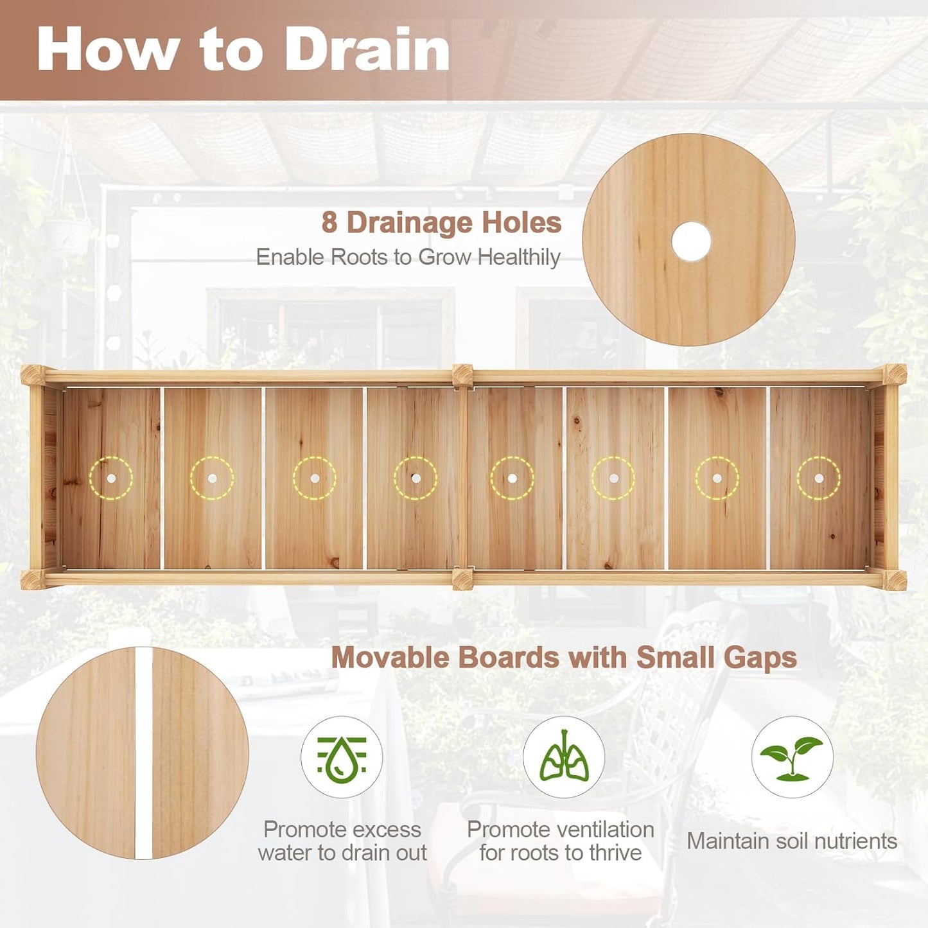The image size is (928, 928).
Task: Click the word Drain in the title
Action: point(367,50)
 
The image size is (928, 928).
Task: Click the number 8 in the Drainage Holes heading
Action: point(329,223)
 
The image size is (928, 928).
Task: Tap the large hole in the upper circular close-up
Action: point(691,241)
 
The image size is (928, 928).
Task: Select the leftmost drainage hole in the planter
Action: point(111,478)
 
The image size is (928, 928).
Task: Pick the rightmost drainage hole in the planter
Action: point(819,478)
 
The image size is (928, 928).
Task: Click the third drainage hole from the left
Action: point(315,478)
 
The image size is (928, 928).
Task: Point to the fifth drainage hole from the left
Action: point(512,478)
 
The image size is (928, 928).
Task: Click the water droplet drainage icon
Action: point(342,757)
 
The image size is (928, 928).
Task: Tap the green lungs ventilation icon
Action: point(563,757)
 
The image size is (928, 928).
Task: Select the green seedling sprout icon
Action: point(792,757)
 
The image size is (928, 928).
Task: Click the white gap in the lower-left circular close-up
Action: point(143,753)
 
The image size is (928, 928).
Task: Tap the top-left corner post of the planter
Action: point(33,374)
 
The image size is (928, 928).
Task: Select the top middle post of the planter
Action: point(462,375)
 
